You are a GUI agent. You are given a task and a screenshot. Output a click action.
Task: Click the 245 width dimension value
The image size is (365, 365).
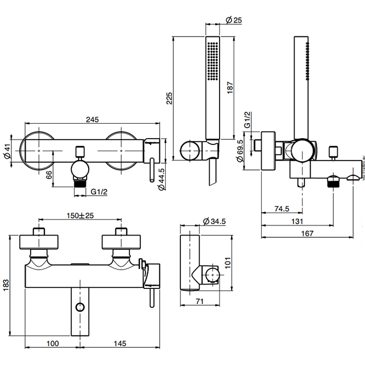coord(92,119)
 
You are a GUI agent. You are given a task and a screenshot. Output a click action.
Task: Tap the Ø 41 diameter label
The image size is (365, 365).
coord(7,152)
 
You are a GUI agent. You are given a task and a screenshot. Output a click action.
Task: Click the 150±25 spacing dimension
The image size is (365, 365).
coord(80,215)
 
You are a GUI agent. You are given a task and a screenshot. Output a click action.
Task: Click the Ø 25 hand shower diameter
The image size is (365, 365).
coord(234,20)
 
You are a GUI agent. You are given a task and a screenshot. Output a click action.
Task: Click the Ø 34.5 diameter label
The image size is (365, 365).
coord(215,222)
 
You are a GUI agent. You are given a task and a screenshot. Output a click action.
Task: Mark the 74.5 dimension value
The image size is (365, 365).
coord(282,209)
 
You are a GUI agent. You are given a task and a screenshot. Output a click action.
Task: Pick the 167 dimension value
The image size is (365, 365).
coord(307,234)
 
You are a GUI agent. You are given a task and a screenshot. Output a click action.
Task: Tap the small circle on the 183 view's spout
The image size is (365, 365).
coord(80,307)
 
